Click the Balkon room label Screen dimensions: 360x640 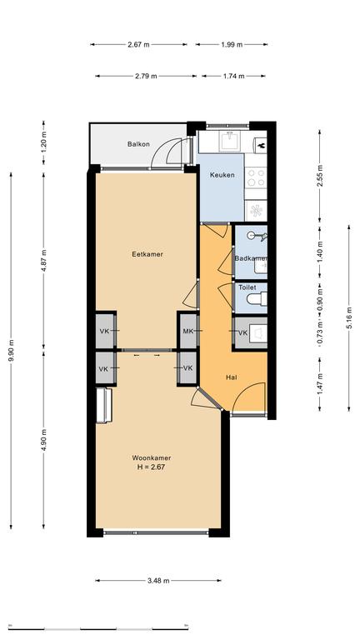click(x=138, y=144)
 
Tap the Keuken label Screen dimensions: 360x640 click(x=222, y=175)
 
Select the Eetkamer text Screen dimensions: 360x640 click(x=147, y=254)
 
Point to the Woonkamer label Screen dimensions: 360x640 click(x=152, y=458)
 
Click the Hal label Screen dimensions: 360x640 click(x=232, y=377)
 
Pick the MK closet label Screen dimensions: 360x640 click(x=187, y=332)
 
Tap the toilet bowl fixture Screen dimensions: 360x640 click(x=257, y=298)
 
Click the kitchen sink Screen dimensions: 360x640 click(x=232, y=142)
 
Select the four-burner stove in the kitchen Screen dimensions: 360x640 click(x=256, y=177)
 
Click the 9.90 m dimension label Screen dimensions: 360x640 click(x=12, y=350)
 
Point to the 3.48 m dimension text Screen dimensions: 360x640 click(x=158, y=581)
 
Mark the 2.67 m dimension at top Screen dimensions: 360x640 click(x=139, y=44)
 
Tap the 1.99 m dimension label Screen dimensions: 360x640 click(x=232, y=44)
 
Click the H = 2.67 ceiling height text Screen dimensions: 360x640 click(x=152, y=467)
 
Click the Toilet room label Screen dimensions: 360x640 click(x=247, y=287)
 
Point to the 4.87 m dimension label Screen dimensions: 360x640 click(x=44, y=260)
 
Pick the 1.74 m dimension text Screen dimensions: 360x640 click(x=233, y=76)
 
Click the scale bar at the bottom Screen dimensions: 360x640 click(x=98, y=627)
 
